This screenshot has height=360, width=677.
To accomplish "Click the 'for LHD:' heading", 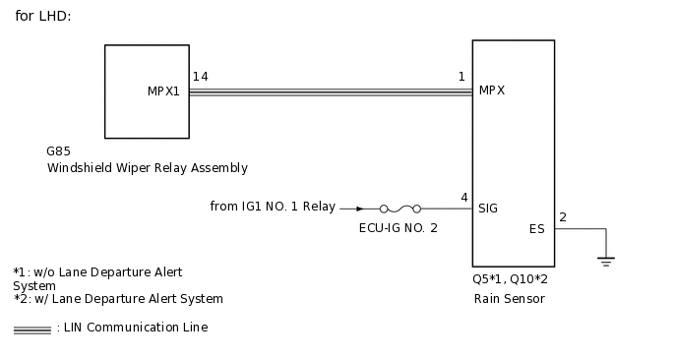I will pos(43,17).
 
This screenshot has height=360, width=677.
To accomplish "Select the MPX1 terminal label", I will pos(163,91).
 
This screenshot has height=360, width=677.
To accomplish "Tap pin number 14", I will pos(200,77).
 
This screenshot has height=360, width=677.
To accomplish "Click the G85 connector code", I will pos(58,152).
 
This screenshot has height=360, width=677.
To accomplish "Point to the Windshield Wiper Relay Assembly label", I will pos(147,168).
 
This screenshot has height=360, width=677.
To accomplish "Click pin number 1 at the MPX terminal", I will pos(462,77).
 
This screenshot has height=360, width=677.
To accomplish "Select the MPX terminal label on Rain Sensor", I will pos(492,91).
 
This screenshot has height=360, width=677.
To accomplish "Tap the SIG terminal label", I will pos(488,209).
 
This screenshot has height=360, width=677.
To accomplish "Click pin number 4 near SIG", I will pos(463,198).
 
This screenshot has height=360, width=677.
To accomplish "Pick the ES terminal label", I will pos(536,229).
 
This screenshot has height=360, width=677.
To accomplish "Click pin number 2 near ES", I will pos(563,217).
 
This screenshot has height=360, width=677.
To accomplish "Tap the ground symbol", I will pos(606,261).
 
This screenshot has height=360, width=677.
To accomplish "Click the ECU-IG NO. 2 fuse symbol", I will pos(400,209).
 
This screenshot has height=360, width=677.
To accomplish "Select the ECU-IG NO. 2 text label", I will pos(399,227).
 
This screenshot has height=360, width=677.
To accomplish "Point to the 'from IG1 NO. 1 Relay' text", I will pos(273,207).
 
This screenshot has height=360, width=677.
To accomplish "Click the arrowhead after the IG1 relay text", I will pos(359,209).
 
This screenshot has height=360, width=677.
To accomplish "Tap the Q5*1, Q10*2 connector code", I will pos(510,279).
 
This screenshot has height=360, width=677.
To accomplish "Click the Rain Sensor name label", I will pos(509,299).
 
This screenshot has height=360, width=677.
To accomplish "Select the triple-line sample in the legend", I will pos(31,330).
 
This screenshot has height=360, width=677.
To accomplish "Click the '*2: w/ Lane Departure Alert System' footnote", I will pos(118,299).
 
